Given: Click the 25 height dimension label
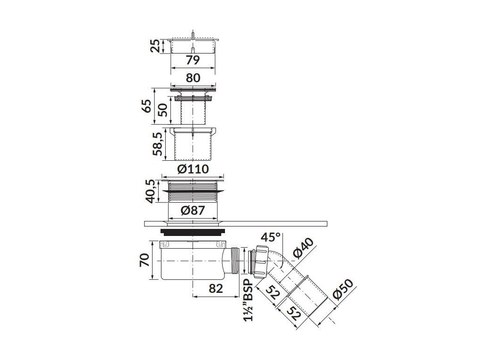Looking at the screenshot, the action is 157,46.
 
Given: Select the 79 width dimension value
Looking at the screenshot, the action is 193,60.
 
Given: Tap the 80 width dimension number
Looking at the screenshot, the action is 193,78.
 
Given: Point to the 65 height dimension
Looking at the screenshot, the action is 147,106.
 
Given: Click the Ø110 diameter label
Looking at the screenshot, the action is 193,169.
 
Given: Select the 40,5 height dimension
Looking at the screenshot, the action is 151,192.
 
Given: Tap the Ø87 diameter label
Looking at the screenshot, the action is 193,211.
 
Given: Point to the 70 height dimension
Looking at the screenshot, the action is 145,260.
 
